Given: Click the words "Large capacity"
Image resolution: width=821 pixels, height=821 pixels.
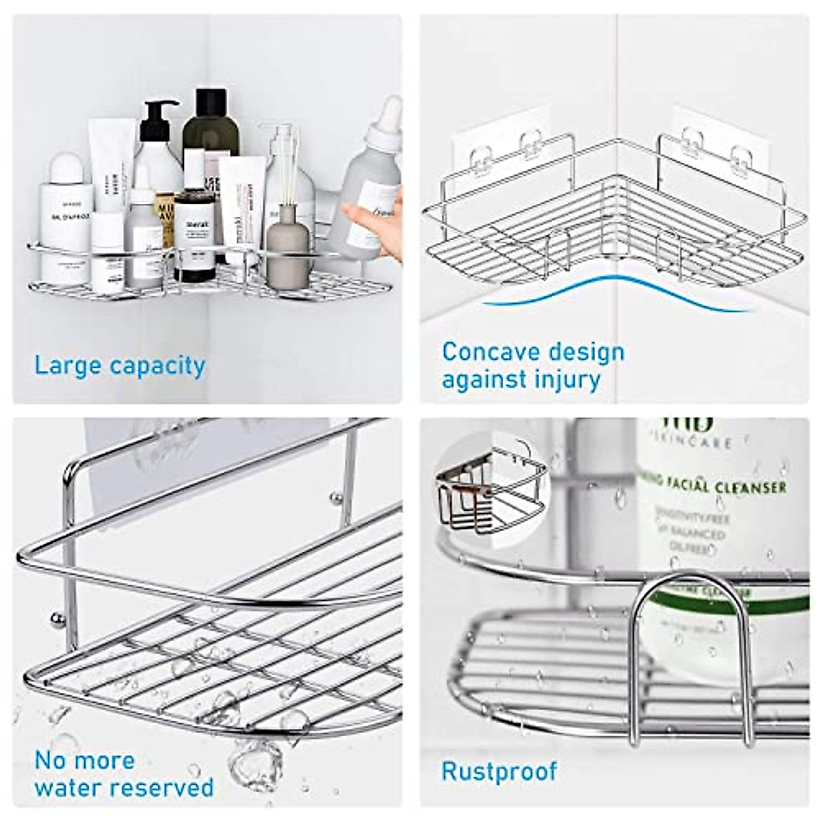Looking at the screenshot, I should click(x=120, y=366).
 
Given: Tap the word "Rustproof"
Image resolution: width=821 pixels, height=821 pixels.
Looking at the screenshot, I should click(x=499, y=771).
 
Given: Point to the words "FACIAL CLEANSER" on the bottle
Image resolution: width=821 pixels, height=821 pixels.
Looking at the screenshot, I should click(x=718, y=486).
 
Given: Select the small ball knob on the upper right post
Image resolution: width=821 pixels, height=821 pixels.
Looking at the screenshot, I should click(x=336, y=496).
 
